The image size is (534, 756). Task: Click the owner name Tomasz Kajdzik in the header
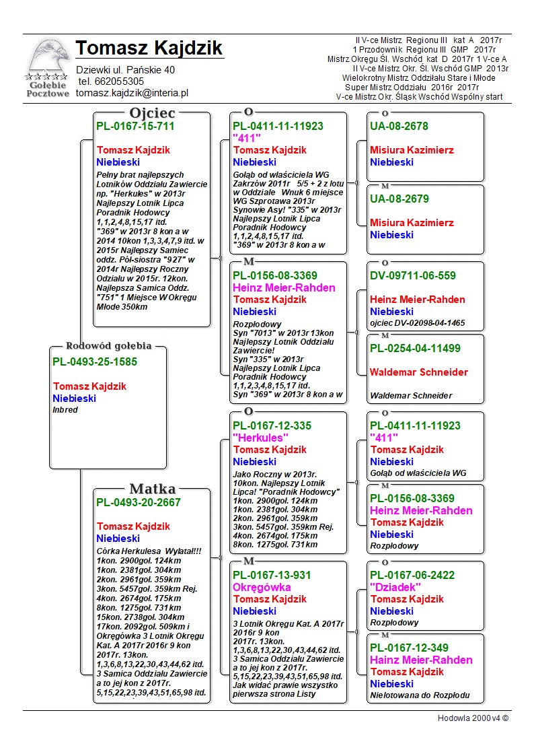coord(149,48)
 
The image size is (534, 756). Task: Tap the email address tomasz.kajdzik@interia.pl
coord(132,94)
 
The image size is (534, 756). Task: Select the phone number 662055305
coord(120,81)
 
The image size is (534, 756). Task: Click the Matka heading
coord(152,489)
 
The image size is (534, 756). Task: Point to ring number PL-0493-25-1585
coord(95,362)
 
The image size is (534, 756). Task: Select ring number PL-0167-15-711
coord(135,126)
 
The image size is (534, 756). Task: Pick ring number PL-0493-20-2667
coord(139,502)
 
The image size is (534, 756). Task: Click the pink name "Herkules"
coord(260,438)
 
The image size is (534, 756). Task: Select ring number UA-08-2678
coord(399,126)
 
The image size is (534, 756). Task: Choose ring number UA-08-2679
coord(399,199)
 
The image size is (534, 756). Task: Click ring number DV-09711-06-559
coord(413,275)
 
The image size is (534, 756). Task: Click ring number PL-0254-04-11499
coord(415,348)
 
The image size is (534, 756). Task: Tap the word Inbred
coord(65,410)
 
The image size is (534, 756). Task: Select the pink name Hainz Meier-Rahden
coord(421,660)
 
